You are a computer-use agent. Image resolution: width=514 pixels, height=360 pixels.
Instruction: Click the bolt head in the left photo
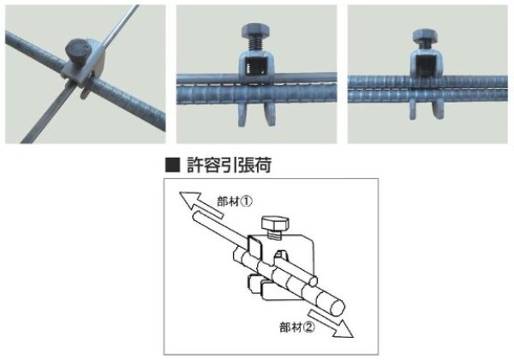point(77,50)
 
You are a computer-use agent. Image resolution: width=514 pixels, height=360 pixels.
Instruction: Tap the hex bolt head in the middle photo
point(255,32)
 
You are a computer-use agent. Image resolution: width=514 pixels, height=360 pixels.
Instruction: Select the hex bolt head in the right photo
point(425,35)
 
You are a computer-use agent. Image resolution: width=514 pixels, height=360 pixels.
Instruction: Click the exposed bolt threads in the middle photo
point(256,45)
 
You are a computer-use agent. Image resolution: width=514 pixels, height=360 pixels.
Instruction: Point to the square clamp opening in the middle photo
point(255,65)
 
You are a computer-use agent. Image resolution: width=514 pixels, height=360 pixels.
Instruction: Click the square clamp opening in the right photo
point(426,65)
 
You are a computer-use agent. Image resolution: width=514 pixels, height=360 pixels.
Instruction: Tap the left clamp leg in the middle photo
point(243,114)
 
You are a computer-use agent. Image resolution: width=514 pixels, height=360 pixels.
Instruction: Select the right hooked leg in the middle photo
point(270,114)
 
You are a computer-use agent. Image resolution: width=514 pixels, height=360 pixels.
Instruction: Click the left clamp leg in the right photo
point(414,110)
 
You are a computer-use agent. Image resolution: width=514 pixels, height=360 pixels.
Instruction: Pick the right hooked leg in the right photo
point(438,109)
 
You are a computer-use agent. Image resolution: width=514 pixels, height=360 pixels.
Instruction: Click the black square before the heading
point(173,165)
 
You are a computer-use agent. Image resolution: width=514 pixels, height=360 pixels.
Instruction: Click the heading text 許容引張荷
point(229,165)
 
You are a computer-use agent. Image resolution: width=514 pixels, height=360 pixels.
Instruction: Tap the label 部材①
point(235,201)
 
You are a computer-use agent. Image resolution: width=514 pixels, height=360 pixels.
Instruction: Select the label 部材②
point(297,327)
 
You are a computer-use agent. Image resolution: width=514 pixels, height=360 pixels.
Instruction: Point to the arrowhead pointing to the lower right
point(344,329)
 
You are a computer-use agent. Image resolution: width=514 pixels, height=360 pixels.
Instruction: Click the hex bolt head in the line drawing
point(275,224)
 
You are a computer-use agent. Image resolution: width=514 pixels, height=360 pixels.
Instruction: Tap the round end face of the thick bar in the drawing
point(338,308)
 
